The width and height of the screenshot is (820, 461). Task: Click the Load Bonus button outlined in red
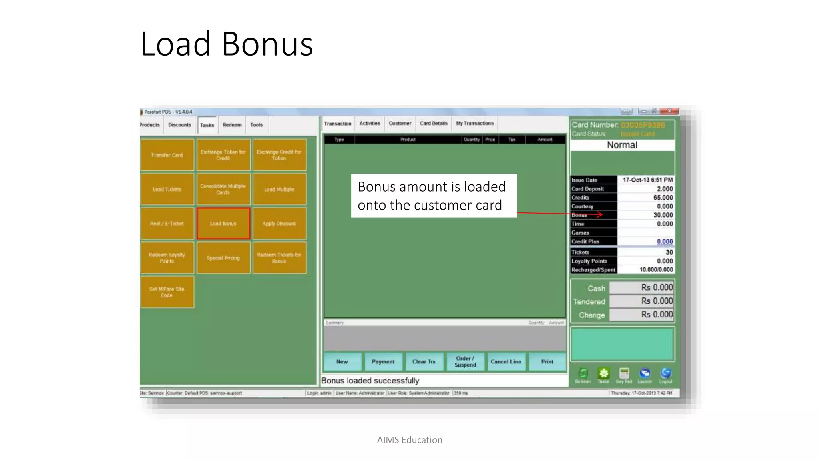coord(223,224)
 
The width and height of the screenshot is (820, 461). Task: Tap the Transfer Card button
coord(167,155)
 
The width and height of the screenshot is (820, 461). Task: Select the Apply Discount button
coord(279,224)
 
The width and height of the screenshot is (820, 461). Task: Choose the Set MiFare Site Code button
coord(167,292)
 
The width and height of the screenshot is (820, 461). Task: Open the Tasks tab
coord(207,125)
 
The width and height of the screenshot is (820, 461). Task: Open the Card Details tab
coord(434,124)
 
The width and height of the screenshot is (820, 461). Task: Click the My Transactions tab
coord(475,124)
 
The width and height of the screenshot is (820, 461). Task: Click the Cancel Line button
coord(506,362)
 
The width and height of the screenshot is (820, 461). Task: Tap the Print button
coord(547,362)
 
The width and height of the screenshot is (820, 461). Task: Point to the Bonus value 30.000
coord(663,215)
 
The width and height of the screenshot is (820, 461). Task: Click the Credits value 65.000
coord(663,198)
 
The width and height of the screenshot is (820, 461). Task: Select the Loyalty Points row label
coord(589,261)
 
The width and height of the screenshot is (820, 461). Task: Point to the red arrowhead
coord(600,215)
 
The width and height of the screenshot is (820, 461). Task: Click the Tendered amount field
coord(641,301)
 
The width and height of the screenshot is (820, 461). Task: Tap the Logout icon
coord(665,374)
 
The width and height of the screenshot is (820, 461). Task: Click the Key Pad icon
coord(624,374)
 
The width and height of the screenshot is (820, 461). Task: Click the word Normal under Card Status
coord(622,145)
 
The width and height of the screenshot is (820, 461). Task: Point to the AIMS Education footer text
coord(410,440)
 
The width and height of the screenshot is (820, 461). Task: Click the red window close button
coord(669,111)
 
